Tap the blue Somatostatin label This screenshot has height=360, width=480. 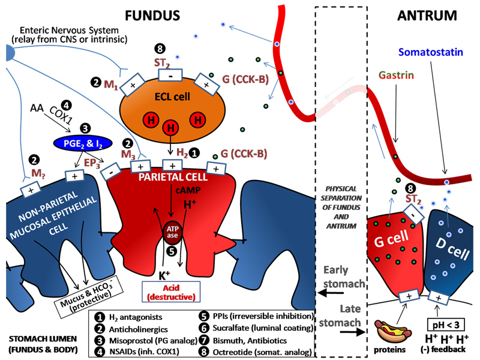click(x=430, y=53)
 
